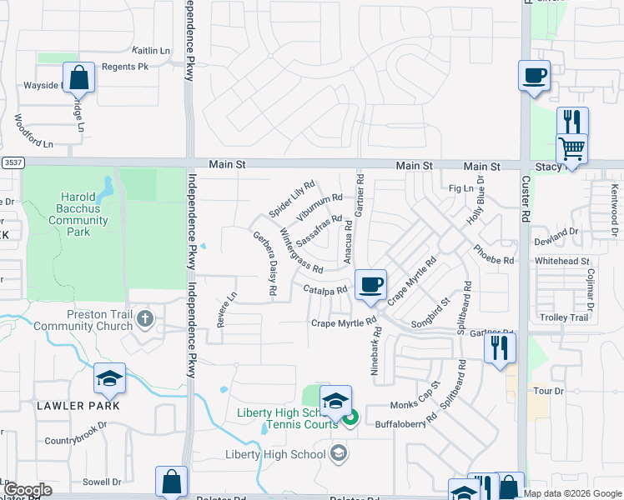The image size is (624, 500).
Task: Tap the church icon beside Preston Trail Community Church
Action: pos(146,318)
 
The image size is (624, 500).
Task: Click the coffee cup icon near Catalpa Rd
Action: pos(370,284)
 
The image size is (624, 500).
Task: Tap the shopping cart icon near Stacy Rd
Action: pos(571,149)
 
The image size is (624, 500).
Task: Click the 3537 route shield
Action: pos(11,162)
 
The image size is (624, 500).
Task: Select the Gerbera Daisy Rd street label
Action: pos(265,262)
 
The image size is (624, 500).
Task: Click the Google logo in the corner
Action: pos(28,490)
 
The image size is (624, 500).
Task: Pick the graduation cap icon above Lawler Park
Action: pos(109,379)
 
